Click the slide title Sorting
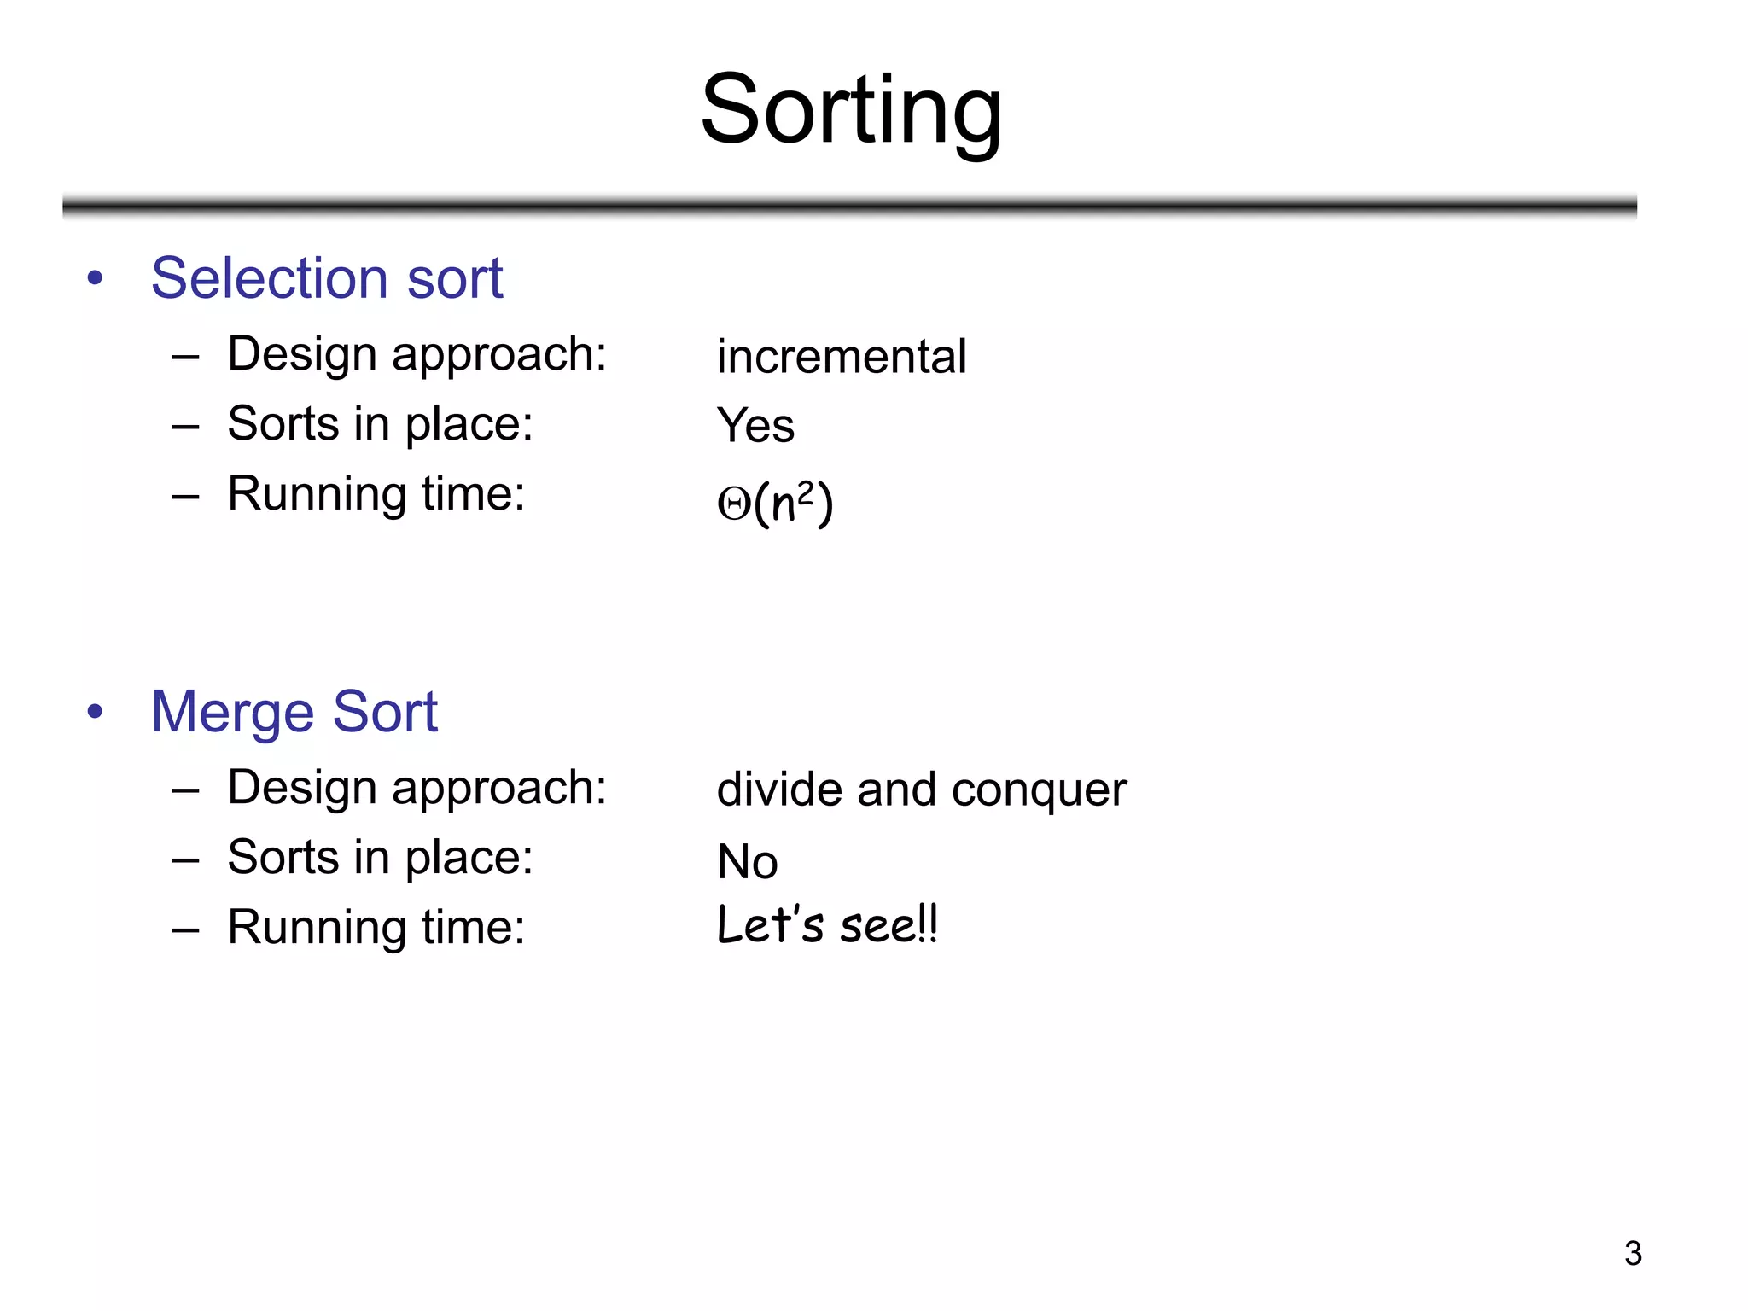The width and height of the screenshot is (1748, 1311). tap(851, 110)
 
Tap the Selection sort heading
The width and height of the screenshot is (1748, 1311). tap(327, 278)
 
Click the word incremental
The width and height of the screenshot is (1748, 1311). tap(841, 356)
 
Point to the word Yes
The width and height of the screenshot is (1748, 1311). tap(755, 425)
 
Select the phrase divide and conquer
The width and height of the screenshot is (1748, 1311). tap(921, 790)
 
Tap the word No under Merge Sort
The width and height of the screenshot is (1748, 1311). tap(747, 861)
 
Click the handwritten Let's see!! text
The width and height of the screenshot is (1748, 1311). tap(826, 925)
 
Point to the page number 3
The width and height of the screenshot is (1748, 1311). tap(1633, 1253)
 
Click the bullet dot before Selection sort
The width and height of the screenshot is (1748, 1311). tap(95, 277)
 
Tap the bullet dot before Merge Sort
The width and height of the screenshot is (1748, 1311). tap(95, 711)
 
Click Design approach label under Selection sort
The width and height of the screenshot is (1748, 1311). tap(417, 354)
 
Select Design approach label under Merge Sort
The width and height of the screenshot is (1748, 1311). tap(417, 788)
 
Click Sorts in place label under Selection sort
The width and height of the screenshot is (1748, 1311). tap(380, 424)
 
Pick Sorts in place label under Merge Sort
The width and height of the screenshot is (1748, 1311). tap(380, 858)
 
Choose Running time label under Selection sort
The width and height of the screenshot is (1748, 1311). tap(376, 494)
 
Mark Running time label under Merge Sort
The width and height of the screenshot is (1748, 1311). tap(376, 928)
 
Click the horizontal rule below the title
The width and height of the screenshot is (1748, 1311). tap(849, 206)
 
